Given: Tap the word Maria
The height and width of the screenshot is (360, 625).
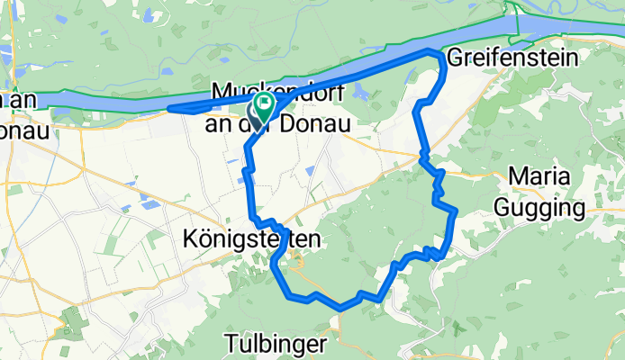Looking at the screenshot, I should pos(538,176).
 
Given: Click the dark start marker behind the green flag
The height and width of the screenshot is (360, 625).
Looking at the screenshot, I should pos(257,111).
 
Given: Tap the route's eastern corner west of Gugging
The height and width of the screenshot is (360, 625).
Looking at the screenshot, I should pos(456,211).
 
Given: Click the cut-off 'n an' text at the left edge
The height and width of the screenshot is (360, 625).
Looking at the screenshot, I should pos(18,100).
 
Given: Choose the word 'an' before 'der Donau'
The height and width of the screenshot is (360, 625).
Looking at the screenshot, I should pos(220,123).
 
